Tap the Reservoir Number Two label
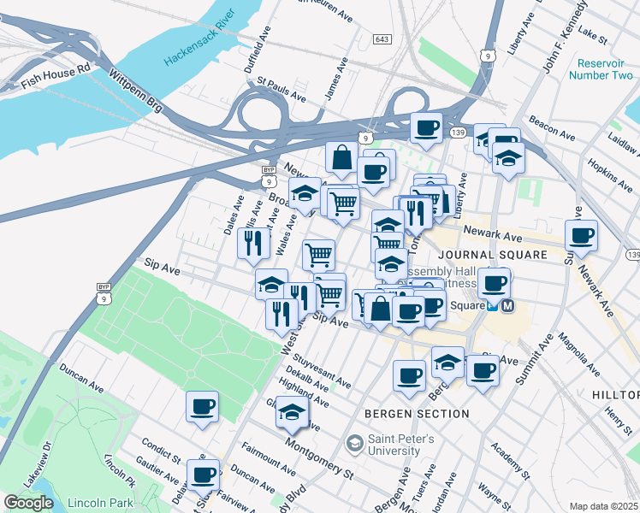pos(604,69)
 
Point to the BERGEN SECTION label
pos(417,414)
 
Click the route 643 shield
pos(382,39)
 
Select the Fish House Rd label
pos(55,74)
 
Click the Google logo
pos(28,502)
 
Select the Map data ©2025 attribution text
pos(604,506)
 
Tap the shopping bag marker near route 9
pos(341,157)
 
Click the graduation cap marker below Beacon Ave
pos(508,158)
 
